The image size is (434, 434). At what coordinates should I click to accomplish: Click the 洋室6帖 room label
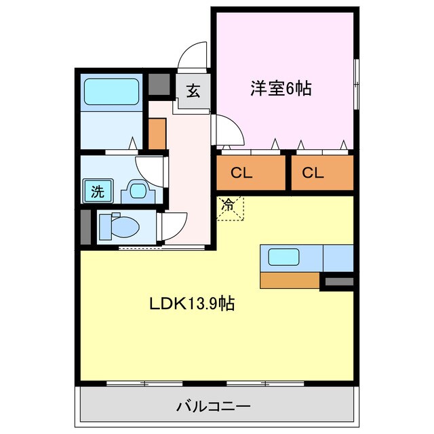pos(280,88)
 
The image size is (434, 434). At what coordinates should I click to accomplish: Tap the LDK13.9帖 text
pos(192,304)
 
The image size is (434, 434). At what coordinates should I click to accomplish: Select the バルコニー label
pos(214,407)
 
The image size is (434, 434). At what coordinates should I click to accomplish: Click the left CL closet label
pos(241,173)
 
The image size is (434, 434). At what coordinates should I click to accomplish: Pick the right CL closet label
pos(313,173)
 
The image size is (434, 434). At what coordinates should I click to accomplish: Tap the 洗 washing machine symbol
pos(98,191)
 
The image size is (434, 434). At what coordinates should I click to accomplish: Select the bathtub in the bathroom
pos(111,92)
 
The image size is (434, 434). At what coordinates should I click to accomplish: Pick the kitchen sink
pos(283,257)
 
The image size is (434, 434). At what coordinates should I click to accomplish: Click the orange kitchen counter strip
pos(290,279)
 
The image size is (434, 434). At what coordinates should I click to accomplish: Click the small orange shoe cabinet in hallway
pos(157,133)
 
